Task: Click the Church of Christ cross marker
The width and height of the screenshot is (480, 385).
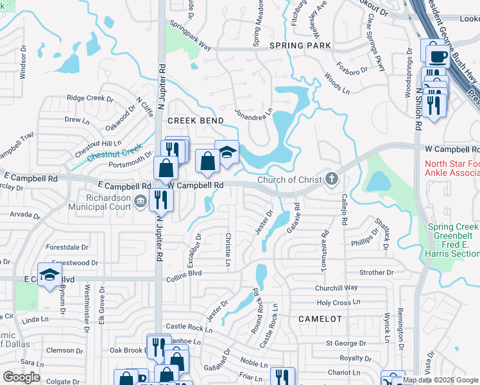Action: coord(332,178)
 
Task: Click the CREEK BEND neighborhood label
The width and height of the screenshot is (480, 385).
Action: coord(196,121)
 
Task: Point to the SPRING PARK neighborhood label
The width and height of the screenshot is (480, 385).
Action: coord(300,46)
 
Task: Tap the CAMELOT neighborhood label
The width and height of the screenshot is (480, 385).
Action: coord(321,318)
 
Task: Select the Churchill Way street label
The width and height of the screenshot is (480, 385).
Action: coord(336,288)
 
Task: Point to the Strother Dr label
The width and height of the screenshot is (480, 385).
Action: coord(376,273)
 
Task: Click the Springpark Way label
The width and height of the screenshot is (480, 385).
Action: coord(190,36)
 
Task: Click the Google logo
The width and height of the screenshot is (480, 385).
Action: coord(22,377)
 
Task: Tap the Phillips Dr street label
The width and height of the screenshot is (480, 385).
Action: coord(366,244)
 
